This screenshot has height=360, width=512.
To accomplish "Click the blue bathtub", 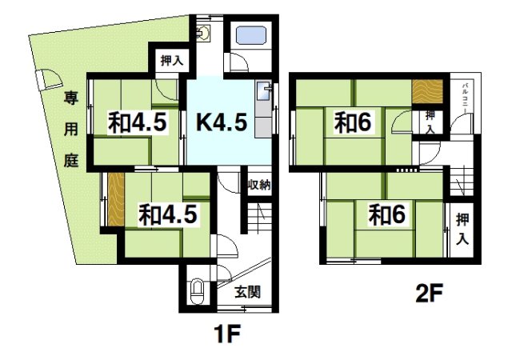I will coord(250,37).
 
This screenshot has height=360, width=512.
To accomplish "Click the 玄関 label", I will coord(246,292).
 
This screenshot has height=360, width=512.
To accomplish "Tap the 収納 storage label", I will coord(258,186).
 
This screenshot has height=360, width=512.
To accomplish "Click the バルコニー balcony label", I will coord(465,98).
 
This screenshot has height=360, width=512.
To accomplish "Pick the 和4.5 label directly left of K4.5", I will coord(137,124).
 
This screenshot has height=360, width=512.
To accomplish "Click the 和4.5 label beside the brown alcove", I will coord(167,214).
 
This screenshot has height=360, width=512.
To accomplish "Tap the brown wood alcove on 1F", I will coord(115,198).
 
